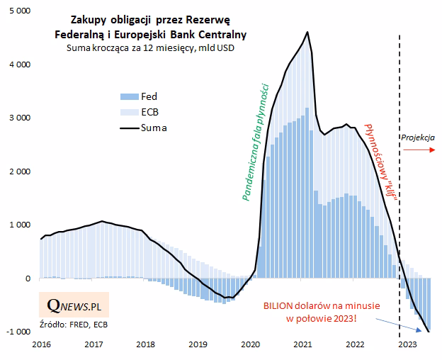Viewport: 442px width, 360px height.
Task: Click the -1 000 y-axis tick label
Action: click(x=18, y=332)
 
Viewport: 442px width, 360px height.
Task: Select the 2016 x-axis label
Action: click(x=42, y=344)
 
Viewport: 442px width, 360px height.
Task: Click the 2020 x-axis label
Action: click(x=251, y=344)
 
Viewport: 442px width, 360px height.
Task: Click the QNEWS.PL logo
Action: click(x=74, y=305)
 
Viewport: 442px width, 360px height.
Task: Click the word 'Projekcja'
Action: click(x=418, y=137)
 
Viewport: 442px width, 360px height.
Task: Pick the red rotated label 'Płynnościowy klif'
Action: click(x=379, y=160)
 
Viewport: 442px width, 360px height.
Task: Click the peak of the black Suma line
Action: click(x=307, y=32)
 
